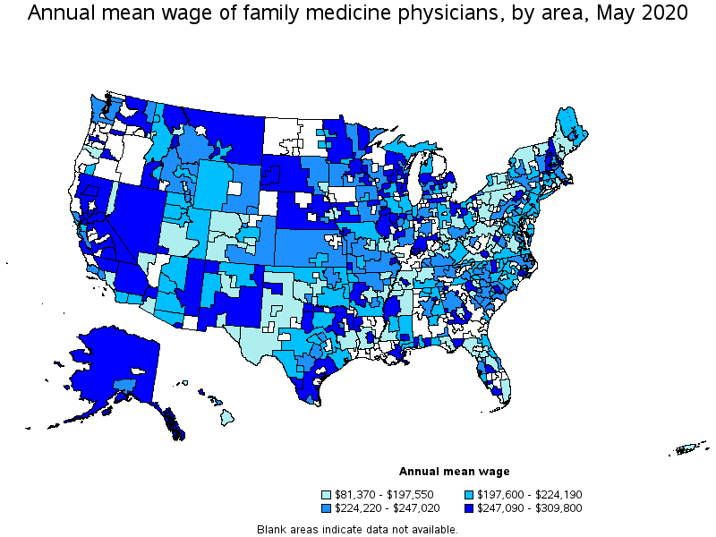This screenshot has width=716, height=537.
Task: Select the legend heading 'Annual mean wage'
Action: (x=454, y=472)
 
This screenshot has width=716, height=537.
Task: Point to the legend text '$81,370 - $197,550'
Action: (x=383, y=494)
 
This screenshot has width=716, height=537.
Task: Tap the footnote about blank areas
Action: (x=357, y=529)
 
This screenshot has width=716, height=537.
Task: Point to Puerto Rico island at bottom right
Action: (x=690, y=448)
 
